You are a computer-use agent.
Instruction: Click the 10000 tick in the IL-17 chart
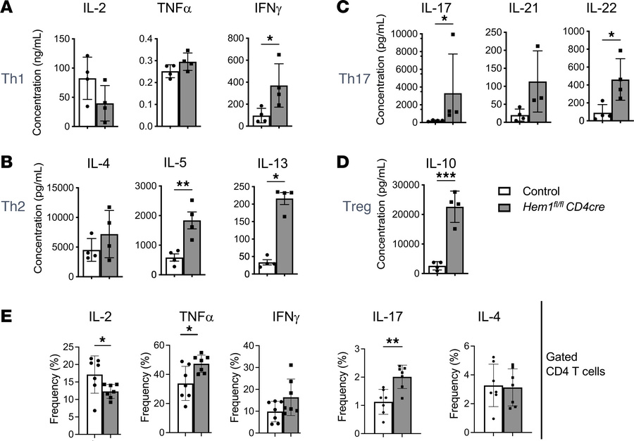tap(397, 33)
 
